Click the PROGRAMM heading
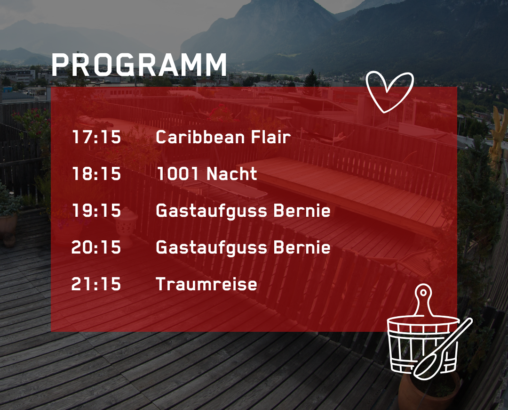coord(139,65)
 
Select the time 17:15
coord(96,137)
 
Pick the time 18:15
coord(96,174)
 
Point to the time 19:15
coord(96,210)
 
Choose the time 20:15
coord(96,247)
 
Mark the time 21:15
coord(96,284)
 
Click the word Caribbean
coord(200,137)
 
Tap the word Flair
coord(271,137)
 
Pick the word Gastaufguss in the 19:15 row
coord(212,211)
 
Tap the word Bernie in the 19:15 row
coord(302,210)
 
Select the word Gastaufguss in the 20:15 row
coord(212,248)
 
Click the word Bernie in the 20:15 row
coord(302,247)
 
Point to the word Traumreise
coord(206,284)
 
